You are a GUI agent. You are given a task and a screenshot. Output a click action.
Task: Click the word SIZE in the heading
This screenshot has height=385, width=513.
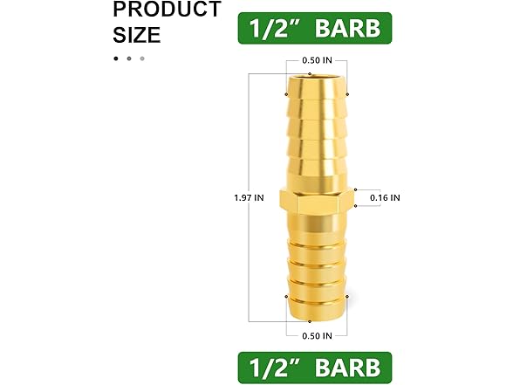point(138,36)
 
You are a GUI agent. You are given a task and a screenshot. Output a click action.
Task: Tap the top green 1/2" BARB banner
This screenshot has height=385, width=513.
point(316,29)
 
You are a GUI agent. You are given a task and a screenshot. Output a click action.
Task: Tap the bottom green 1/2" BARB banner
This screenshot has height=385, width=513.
point(316,365)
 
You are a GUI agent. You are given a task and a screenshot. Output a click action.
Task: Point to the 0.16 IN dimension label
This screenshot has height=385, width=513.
point(383,197)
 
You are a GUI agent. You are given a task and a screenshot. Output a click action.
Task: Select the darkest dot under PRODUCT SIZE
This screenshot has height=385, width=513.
point(115,58)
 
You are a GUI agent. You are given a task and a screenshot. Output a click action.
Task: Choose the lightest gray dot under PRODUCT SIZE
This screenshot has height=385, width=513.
point(142,58)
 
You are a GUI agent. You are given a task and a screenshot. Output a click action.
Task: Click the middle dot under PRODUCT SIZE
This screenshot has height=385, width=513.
point(129,58)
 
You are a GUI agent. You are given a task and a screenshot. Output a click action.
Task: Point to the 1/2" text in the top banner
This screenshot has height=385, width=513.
point(273,29)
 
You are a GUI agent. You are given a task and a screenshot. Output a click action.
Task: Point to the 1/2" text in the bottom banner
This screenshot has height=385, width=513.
point(273,365)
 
